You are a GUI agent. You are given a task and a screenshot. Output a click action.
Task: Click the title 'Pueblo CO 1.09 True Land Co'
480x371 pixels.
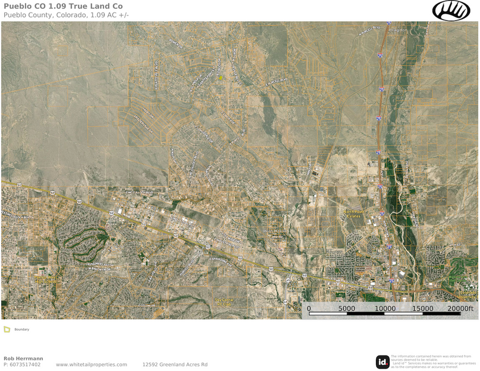63,6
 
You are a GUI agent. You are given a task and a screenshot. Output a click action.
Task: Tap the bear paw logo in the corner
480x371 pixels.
451,10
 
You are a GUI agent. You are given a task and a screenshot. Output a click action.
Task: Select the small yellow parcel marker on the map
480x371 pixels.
221,78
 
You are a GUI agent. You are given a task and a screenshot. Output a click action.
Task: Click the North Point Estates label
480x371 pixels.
354,214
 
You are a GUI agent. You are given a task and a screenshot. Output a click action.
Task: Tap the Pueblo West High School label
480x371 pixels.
45,278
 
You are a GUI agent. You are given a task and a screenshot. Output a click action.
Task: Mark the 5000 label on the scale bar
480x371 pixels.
347,309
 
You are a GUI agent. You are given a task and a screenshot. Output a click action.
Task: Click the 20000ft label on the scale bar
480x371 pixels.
461,309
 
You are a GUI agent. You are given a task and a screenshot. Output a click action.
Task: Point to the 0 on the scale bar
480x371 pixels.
309,309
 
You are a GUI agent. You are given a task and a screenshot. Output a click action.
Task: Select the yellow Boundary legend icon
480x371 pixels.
7,329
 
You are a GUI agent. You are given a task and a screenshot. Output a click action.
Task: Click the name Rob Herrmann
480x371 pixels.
23,358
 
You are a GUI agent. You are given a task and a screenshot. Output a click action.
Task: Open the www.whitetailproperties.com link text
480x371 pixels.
91,364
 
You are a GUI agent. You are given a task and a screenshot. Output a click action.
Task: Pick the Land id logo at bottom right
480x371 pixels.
383,362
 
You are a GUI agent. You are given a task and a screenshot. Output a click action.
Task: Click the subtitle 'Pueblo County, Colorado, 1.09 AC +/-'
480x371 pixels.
66,15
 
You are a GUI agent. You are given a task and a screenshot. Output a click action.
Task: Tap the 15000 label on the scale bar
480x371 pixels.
422,309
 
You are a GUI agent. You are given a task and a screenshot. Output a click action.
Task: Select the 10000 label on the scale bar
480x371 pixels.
385,309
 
